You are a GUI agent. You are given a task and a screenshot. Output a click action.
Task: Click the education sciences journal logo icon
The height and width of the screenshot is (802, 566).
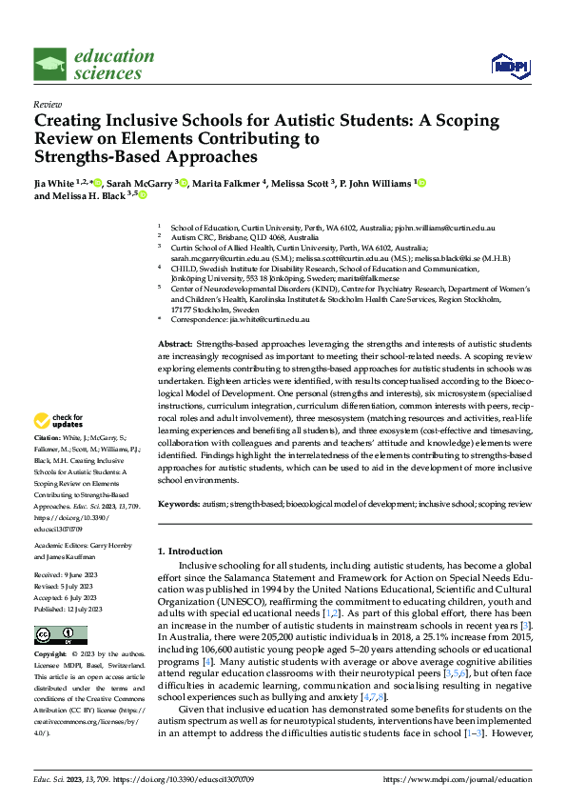(49, 65)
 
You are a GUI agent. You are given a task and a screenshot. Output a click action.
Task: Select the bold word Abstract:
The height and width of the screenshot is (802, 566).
(175, 342)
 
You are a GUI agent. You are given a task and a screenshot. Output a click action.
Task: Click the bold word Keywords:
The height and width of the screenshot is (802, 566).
(179, 502)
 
